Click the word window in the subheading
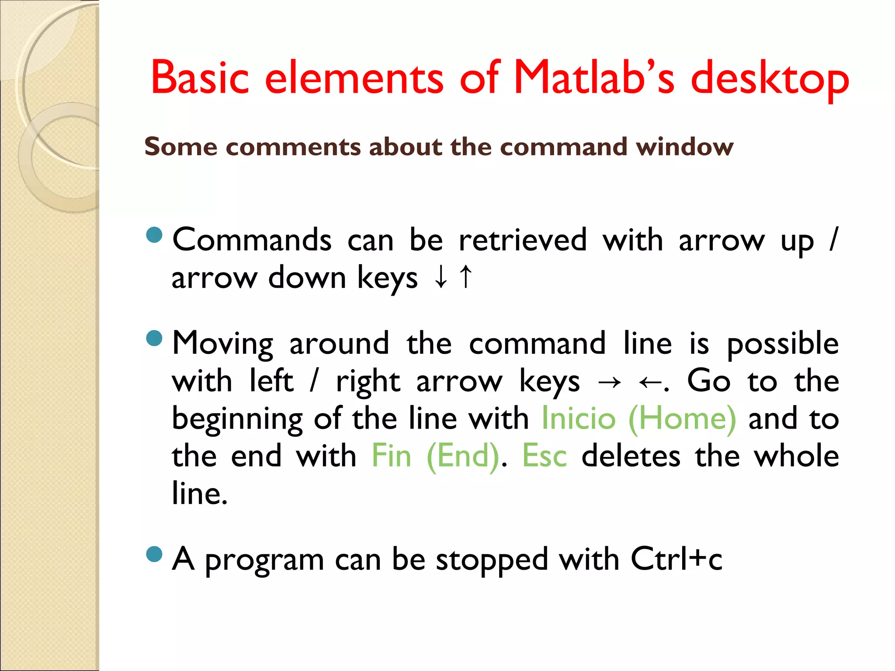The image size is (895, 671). (685, 147)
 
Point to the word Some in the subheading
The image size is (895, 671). (180, 147)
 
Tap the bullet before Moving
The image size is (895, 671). (154, 338)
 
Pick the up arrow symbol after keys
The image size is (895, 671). (466, 277)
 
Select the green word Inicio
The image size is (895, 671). (579, 419)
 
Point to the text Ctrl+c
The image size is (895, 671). (676, 559)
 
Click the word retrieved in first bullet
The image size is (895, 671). (523, 240)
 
